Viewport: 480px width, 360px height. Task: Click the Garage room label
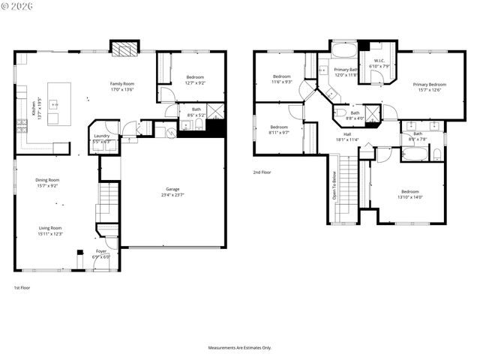(173, 191)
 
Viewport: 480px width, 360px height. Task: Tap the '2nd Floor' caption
(262, 172)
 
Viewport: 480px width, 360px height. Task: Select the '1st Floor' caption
(22, 288)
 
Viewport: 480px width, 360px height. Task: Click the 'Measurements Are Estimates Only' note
(239, 348)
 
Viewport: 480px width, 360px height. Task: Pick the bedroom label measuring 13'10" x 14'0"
(411, 194)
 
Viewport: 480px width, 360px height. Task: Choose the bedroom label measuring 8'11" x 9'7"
(279, 130)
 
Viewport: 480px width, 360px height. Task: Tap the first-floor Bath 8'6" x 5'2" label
(196, 112)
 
